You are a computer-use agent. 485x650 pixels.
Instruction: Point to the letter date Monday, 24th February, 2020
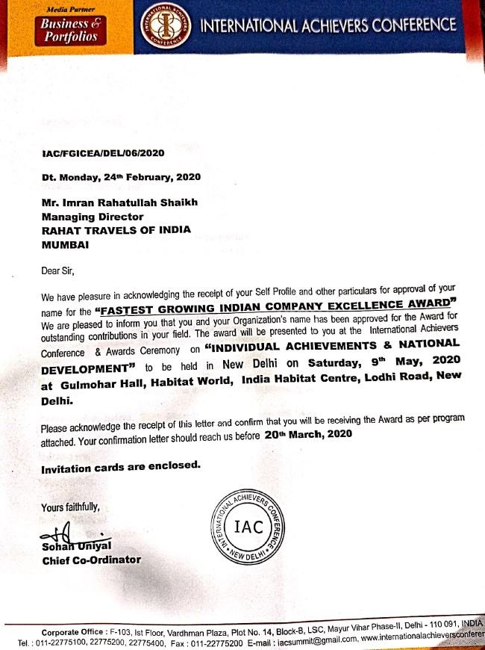pyautogui.click(x=122, y=178)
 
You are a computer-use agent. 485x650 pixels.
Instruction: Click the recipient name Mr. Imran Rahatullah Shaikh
pyautogui.click(x=122, y=202)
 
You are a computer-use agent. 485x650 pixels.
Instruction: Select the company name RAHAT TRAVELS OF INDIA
pyautogui.click(x=116, y=230)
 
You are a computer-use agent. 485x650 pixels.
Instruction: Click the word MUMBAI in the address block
pyautogui.click(x=66, y=244)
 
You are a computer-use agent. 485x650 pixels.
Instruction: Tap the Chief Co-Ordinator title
pyautogui.click(x=91, y=560)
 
